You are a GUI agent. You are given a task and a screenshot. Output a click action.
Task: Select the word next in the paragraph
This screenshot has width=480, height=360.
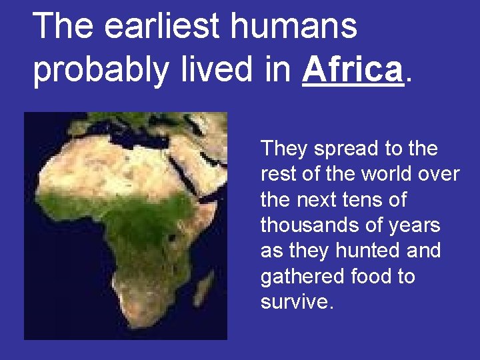click(x=316, y=200)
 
